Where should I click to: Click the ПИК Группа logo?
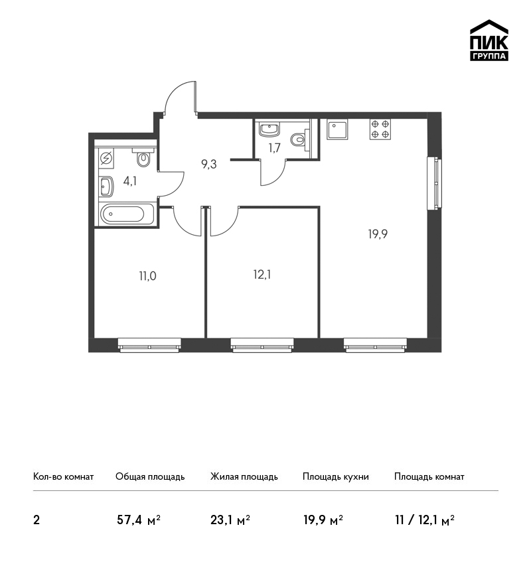coord(489,40)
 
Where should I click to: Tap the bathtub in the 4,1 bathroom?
coord(127,214)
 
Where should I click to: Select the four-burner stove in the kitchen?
coord(380,129)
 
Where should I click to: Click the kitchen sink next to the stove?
coord(337,130)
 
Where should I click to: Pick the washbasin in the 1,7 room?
coord(269,129)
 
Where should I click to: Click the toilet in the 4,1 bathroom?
coord(143,157)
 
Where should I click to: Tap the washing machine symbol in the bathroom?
coord(106,159)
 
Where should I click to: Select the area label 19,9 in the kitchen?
coord(378,234)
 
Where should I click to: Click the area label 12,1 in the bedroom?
coord(262,275)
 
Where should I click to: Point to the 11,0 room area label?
coord(147,276)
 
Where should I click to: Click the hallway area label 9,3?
coord(208,165)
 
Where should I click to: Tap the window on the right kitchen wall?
coord(435,183)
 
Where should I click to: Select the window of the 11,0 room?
coord(149,345)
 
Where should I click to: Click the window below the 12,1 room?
coord(262,345)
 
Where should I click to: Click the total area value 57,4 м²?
coord(139,520)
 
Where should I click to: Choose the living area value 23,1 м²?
coord(230,520)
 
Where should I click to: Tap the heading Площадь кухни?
coord(336,476)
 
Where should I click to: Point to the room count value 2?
coord(37,520)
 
